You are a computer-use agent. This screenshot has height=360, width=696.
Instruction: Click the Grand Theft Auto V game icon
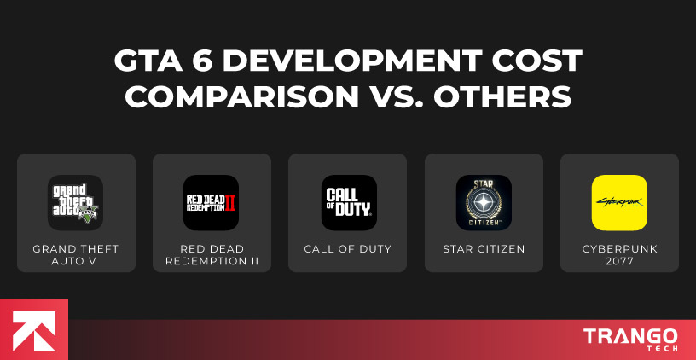75,202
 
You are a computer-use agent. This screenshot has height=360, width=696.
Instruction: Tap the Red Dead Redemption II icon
211,202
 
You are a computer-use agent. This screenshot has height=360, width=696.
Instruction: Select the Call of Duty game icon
348,202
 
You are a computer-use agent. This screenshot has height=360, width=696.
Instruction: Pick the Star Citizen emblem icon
484,202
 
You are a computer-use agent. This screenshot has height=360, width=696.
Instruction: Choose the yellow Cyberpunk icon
619,202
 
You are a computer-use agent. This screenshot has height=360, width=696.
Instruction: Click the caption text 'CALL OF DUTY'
348,249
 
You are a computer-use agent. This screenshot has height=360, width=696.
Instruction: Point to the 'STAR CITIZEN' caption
484,249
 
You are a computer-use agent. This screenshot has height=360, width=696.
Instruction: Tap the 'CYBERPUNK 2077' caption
619,255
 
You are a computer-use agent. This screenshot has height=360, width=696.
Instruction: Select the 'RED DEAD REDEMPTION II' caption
211,255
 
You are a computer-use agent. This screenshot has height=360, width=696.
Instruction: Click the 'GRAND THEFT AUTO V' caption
75,255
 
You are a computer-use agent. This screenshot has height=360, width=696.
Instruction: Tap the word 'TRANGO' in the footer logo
630,335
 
